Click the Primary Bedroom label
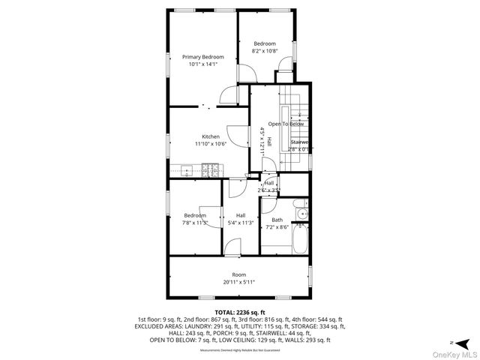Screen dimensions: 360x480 pos(202,57)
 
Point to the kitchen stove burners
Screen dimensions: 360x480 pos(210,169)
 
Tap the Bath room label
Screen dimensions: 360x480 pos(277,220)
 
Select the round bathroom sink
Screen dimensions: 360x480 pos(303,215)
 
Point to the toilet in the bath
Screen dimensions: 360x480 pos(297,203)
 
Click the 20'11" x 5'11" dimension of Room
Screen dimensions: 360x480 pos(238,282)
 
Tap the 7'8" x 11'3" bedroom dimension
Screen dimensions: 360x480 pos(195,222)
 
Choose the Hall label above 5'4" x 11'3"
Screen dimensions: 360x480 pos(241,215)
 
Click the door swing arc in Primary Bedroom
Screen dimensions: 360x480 pos(245,73)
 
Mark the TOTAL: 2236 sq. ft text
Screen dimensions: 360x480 pos(240,311)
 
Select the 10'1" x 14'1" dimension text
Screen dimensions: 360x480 pos(202,64)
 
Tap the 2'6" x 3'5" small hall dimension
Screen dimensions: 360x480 pos(268,190)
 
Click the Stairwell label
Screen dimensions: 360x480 pos(300,142)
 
